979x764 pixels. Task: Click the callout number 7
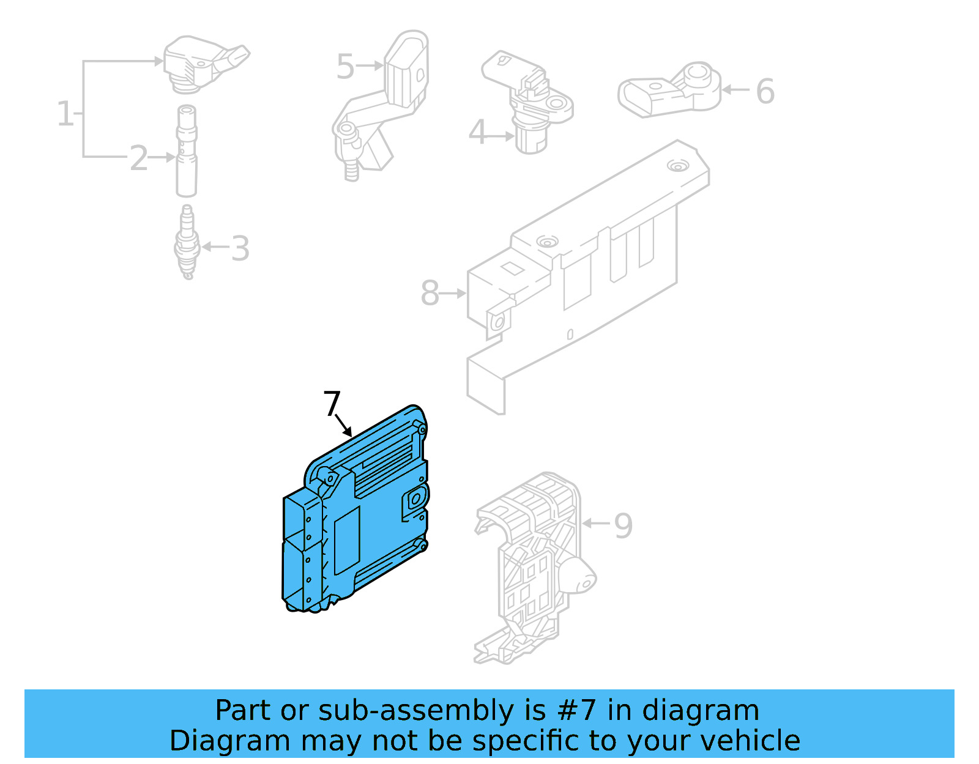click(x=332, y=403)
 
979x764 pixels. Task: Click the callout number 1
click(x=65, y=114)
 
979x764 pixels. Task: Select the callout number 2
click(x=139, y=158)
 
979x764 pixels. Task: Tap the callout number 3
click(x=240, y=249)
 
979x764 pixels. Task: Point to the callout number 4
click(x=477, y=132)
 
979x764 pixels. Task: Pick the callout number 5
click(x=345, y=67)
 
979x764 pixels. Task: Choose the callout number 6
click(x=765, y=92)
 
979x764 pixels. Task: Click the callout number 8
click(x=430, y=293)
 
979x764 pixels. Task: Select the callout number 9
click(x=623, y=525)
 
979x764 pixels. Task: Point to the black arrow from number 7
click(x=344, y=425)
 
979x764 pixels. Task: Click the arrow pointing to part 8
click(x=453, y=294)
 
